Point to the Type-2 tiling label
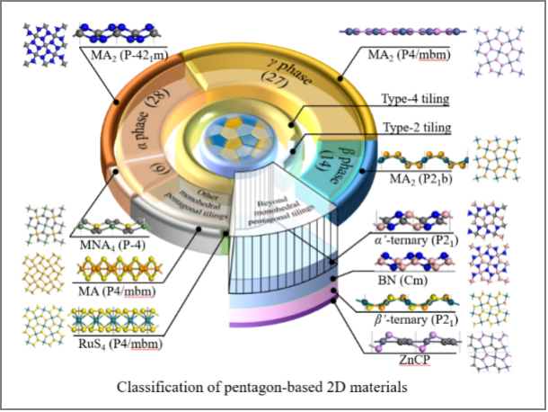[417, 129]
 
